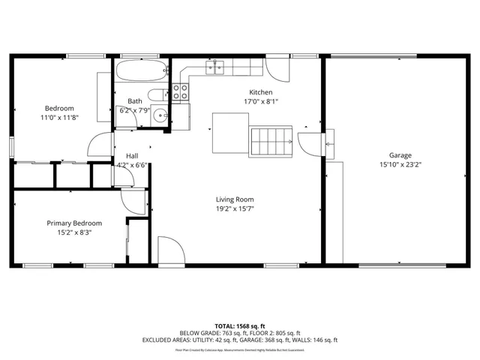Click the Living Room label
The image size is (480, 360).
[x=235, y=199]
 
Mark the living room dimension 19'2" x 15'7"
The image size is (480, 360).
[x=235, y=209]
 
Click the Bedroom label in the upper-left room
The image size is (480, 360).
[x=58, y=108]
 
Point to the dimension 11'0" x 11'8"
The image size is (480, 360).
[x=58, y=118]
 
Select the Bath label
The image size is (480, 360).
[x=135, y=101]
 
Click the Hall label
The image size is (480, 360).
[x=131, y=156]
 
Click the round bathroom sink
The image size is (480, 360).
[x=160, y=115]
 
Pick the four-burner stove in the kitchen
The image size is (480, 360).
[x=181, y=91]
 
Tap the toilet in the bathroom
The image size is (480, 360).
[x=156, y=94]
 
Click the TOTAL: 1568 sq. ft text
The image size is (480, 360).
[x=239, y=326]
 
